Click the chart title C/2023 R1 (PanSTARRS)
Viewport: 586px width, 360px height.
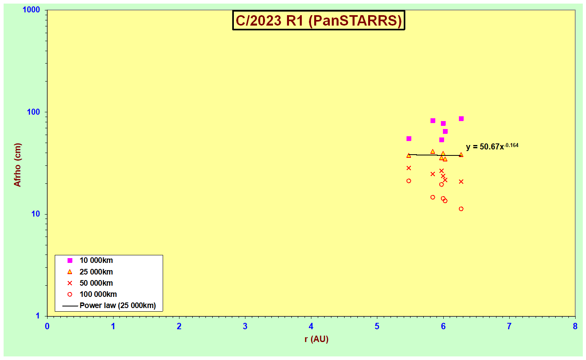[x=318, y=20]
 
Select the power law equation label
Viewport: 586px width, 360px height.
[x=492, y=146]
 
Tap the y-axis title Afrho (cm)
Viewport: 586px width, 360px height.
[x=17, y=165]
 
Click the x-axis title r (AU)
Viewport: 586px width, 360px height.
[x=316, y=339]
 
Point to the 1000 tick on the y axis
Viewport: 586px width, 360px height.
[x=31, y=10]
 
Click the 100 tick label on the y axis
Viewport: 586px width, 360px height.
[x=34, y=112]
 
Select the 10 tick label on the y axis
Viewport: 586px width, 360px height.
[x=36, y=214]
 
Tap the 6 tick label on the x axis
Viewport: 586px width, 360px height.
[x=443, y=326]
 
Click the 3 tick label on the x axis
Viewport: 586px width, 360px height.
[x=245, y=326]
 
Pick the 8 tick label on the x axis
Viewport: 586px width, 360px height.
[x=575, y=326]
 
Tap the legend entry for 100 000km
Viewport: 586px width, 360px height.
[x=92, y=294]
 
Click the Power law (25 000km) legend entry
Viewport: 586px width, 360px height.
[x=109, y=306]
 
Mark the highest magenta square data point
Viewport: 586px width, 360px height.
[x=461, y=119]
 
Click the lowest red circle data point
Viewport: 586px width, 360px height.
[x=461, y=209]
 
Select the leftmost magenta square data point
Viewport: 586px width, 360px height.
[x=409, y=139]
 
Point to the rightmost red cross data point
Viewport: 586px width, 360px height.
[x=461, y=182]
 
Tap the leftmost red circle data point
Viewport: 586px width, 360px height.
[x=409, y=181]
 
